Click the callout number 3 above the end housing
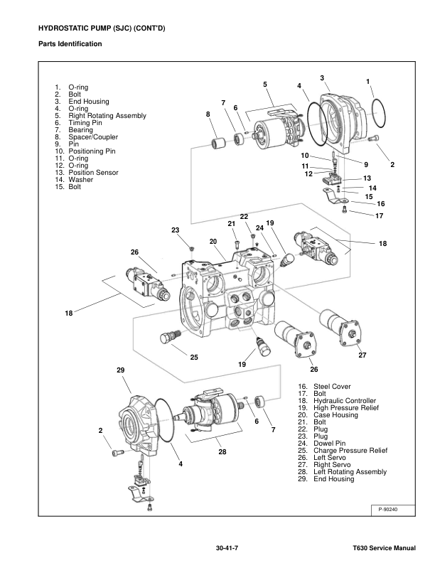(322, 77)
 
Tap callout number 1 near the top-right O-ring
(368, 82)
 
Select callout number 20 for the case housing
(213, 242)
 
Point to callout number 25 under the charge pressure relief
(193, 357)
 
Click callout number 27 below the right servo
(361, 355)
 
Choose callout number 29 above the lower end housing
(120, 370)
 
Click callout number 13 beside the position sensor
(367, 178)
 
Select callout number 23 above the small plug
(175, 230)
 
